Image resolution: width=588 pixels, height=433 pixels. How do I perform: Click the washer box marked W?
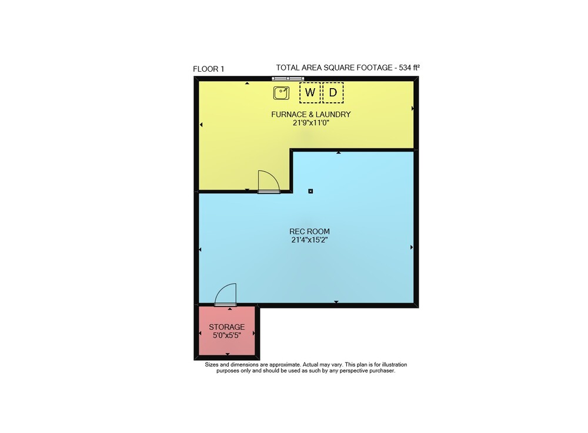(310, 92)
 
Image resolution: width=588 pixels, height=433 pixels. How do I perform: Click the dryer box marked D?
(333, 92)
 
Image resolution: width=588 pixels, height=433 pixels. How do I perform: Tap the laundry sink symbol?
(281, 93)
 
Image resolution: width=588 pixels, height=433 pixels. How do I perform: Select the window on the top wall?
(288, 79)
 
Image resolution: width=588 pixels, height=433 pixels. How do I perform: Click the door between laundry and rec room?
(269, 182)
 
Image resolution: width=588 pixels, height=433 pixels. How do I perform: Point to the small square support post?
(310, 191)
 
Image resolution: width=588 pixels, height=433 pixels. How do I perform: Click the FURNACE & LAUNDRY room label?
(311, 114)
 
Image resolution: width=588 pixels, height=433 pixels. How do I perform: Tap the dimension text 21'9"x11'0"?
(311, 123)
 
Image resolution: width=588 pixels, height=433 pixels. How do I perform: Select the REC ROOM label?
(309, 231)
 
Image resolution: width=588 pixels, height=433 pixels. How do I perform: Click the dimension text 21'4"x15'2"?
(309, 240)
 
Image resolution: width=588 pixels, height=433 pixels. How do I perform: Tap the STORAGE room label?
(227, 327)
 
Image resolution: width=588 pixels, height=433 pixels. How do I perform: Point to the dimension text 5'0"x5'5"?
(227, 335)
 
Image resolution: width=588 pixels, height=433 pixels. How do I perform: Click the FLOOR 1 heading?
(209, 69)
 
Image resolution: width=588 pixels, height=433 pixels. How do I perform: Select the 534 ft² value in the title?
(409, 68)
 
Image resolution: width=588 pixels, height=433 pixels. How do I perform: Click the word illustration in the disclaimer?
(393, 364)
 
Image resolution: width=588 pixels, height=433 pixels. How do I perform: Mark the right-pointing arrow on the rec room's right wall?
(412, 247)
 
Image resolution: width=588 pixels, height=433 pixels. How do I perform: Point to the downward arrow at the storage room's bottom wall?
(228, 354)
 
